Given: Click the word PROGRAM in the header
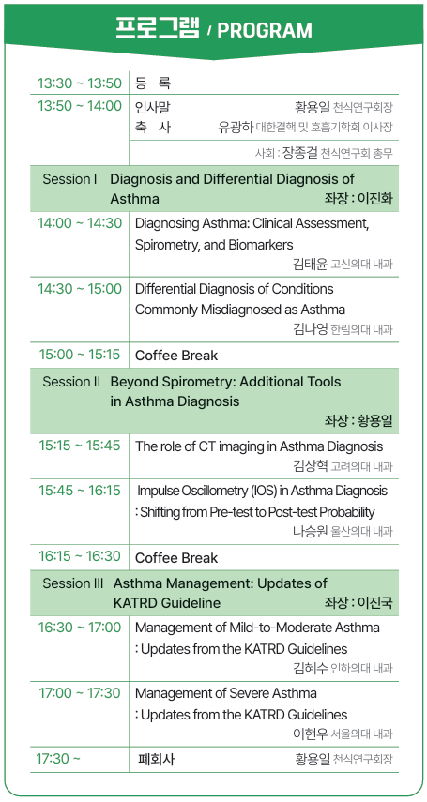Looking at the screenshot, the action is coord(265,30).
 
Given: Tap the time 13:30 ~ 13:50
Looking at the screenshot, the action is coord(80,83).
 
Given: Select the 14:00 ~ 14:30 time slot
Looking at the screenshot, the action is coord(80,223).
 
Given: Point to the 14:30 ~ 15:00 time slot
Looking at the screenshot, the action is coord(80,289).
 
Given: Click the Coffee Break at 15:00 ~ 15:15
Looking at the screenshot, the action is coord(176,356).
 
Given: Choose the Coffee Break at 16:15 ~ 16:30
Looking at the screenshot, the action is coord(176,557).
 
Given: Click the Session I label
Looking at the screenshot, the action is coord(70,179).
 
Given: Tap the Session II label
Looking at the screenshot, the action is coord(71,382).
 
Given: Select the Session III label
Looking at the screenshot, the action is coord(73,583).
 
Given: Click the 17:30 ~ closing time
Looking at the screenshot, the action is coord(58,759).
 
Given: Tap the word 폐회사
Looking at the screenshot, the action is coord(156,759).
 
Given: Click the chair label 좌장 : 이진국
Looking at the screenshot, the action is coord(358,603).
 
